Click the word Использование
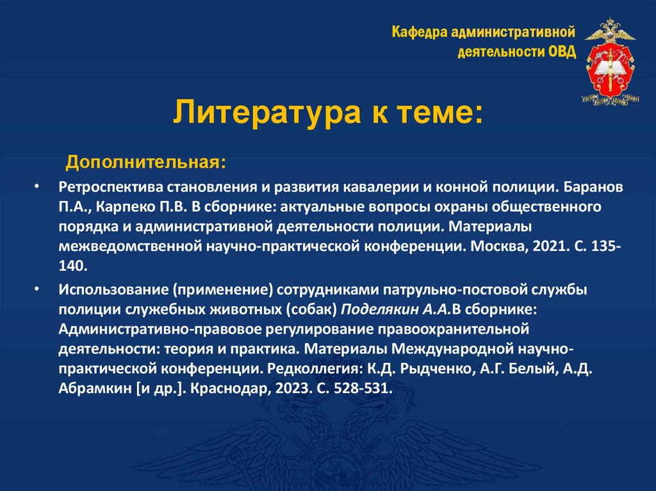[x=110, y=289]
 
